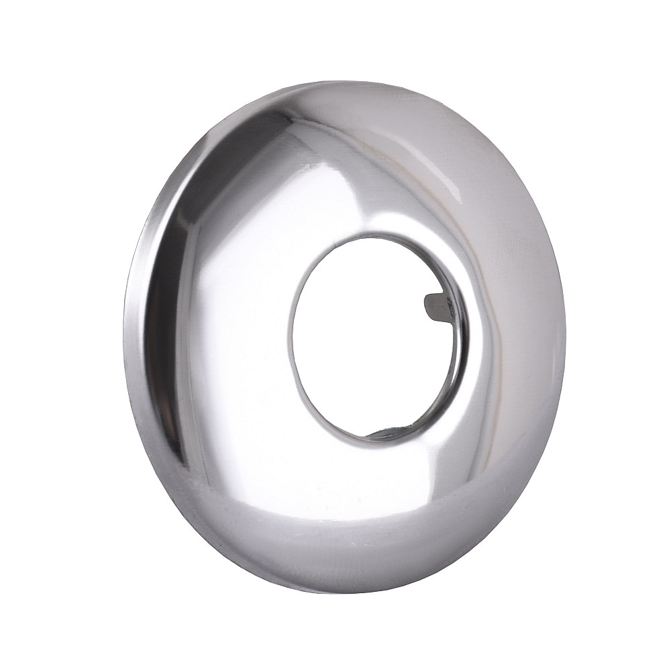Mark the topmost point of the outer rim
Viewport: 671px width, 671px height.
[356, 82]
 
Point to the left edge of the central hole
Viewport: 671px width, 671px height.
[290, 335]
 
